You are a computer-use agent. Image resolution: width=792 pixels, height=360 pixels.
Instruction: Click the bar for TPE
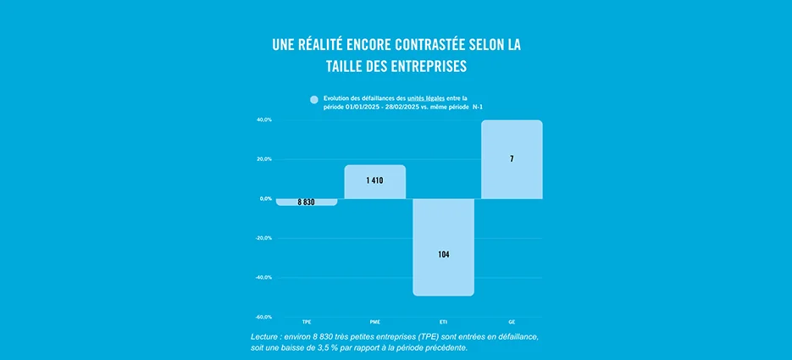(x=307, y=202)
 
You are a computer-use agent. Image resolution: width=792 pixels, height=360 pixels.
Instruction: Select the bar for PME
(x=375, y=181)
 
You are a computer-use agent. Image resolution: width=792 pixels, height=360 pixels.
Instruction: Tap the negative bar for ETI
(x=443, y=246)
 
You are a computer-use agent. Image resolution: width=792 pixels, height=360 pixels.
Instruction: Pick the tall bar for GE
(x=512, y=159)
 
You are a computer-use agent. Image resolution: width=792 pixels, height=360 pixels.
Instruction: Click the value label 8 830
(x=306, y=202)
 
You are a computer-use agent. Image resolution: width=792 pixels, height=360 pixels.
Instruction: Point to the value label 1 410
(x=375, y=180)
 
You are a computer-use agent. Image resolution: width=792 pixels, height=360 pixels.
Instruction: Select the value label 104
(x=443, y=254)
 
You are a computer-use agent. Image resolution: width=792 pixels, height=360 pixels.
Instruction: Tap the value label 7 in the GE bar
(x=512, y=159)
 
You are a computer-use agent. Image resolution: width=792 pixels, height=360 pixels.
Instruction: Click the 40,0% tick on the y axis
(x=264, y=119)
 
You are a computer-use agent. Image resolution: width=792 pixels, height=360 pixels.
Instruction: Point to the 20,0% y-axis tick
(x=264, y=159)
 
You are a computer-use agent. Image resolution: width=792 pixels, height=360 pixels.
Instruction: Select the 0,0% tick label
(x=265, y=198)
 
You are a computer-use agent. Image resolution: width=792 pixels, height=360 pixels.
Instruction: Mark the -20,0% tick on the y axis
(x=263, y=238)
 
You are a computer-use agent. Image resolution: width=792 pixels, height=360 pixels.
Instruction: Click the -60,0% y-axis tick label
(x=263, y=317)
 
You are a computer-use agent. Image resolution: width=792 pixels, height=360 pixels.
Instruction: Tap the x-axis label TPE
(x=307, y=323)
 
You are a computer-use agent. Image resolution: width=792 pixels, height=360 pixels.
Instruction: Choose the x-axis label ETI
(x=443, y=323)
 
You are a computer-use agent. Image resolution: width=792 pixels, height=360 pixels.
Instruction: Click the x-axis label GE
(x=512, y=323)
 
